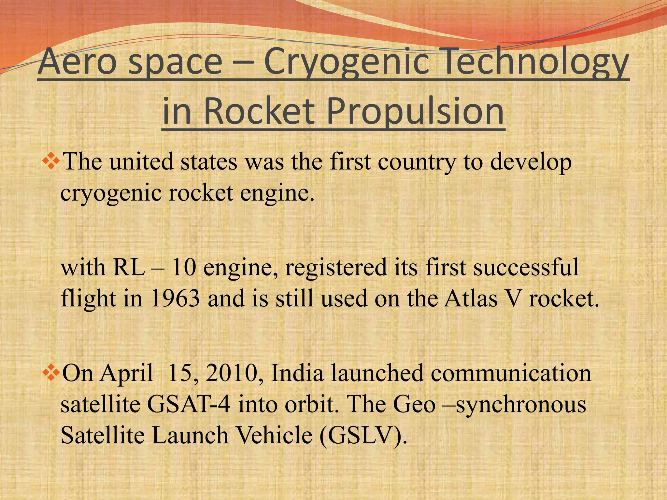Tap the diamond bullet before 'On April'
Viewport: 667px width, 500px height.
click(x=51, y=373)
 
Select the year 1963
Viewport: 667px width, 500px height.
click(x=175, y=299)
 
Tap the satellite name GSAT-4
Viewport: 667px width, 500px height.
click(x=189, y=404)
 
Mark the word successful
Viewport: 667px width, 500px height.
click(x=526, y=268)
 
